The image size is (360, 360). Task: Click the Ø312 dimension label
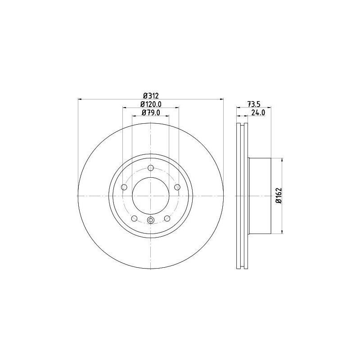151,95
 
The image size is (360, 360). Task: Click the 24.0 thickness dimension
259,112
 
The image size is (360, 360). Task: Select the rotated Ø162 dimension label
279,196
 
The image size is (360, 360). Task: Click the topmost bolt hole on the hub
151,168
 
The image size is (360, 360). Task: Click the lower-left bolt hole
134,218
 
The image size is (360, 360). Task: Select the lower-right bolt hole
167,218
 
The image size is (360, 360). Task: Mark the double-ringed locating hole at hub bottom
151,220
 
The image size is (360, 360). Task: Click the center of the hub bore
151,196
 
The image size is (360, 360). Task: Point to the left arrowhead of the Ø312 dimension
80,99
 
